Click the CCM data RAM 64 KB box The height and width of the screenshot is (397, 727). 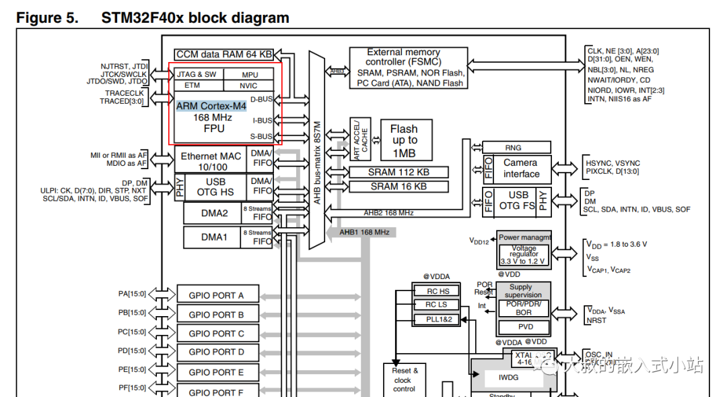click(x=225, y=54)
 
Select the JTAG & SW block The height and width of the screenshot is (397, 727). click(x=197, y=74)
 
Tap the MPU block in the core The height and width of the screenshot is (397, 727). click(x=249, y=74)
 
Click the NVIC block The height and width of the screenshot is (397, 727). click(x=248, y=86)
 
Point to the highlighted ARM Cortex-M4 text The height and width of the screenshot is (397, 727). click(x=211, y=106)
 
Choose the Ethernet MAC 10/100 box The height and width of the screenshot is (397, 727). click(x=211, y=161)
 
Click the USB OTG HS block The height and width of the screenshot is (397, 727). click(x=215, y=187)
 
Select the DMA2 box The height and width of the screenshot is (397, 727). click(x=215, y=214)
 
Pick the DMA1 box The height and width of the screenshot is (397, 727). click(x=215, y=237)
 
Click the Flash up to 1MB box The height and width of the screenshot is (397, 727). click(x=404, y=140)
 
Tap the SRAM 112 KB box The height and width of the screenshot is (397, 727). click(x=399, y=172)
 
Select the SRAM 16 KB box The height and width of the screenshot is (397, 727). click(x=399, y=186)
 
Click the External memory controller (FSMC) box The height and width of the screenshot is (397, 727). click(x=409, y=67)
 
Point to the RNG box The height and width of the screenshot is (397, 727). click(x=513, y=148)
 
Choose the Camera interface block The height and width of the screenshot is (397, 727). click(x=521, y=168)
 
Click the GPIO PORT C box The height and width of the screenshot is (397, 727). click(x=216, y=334)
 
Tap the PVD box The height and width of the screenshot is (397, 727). click(x=523, y=327)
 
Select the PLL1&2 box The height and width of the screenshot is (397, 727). click(x=438, y=319)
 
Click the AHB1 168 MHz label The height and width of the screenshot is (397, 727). click(x=364, y=232)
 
